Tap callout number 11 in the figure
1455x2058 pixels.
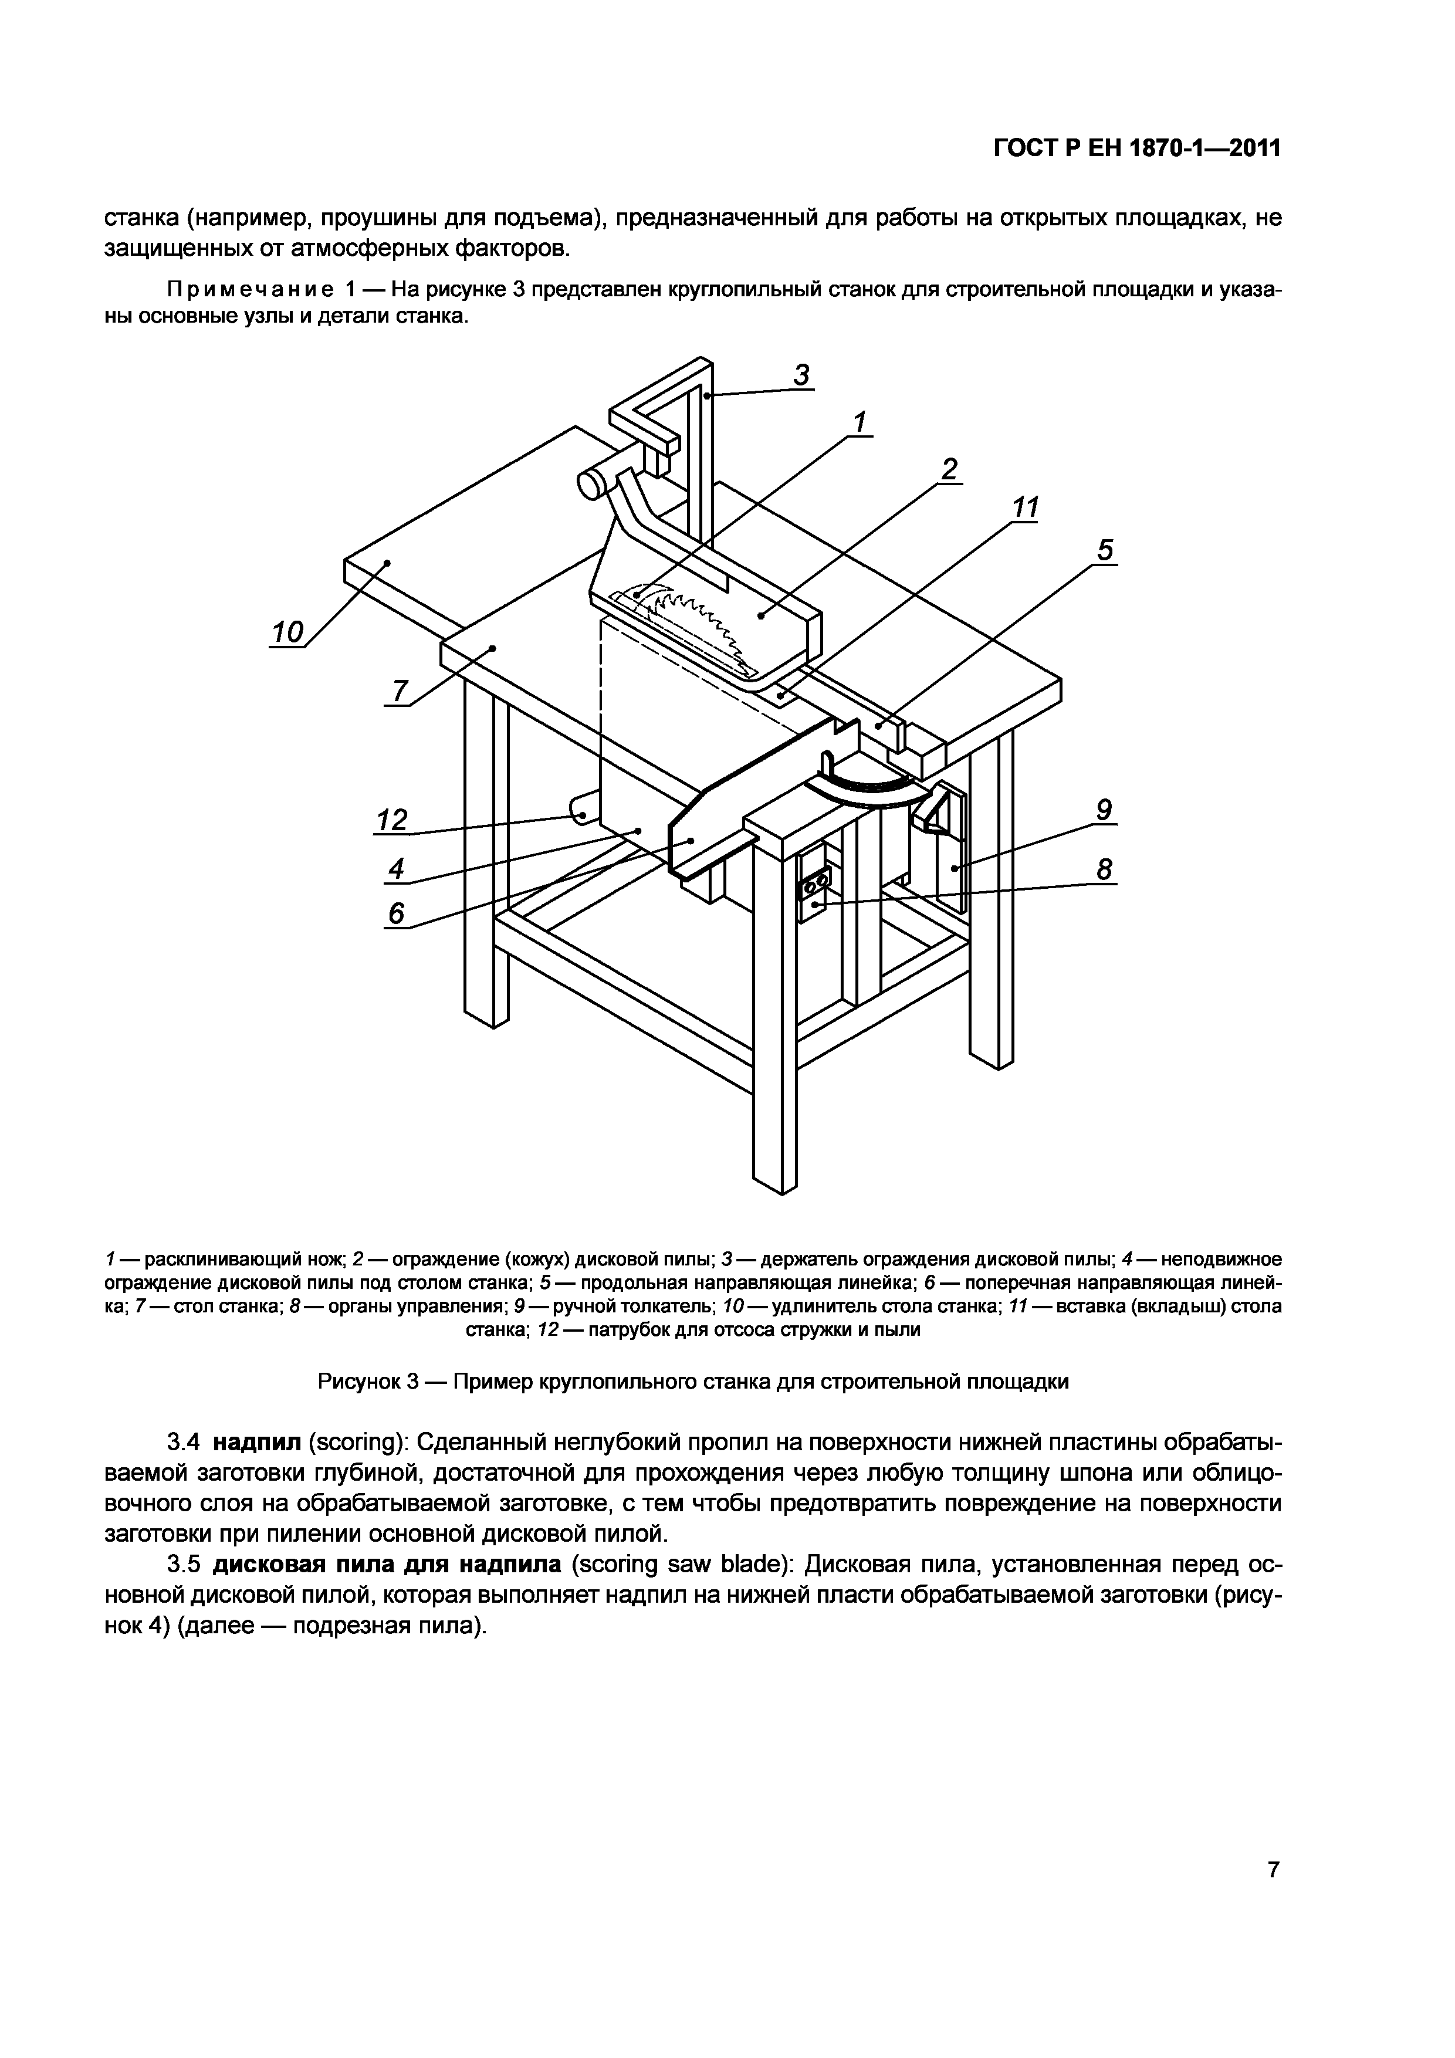point(1025,508)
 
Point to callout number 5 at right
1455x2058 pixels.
point(1105,550)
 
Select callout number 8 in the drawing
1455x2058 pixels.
point(1105,869)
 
